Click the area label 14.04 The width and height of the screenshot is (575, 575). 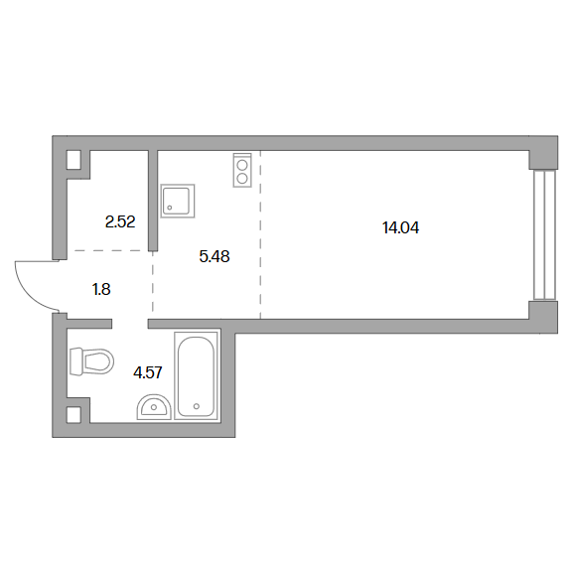point(400,227)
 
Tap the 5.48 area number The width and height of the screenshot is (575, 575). point(215,256)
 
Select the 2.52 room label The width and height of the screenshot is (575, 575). point(120,221)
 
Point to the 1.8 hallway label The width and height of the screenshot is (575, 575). point(101,290)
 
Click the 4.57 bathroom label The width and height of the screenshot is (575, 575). point(148,373)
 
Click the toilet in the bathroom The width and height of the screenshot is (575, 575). point(91,361)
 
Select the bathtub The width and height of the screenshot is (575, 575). point(197,375)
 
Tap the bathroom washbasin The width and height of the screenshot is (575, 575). point(154,407)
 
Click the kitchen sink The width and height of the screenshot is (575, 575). point(178,201)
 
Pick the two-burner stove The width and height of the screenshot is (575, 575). point(242,170)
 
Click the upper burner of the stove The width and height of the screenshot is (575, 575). point(242,166)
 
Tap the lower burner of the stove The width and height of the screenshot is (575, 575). point(242,179)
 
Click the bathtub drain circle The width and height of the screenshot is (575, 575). point(197,406)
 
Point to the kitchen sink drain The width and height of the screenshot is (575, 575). point(170,208)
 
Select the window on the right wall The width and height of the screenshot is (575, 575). point(545,235)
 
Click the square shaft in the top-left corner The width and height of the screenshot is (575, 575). point(73,160)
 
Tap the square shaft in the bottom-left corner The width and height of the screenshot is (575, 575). point(73,415)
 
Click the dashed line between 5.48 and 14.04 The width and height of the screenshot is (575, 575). point(261,234)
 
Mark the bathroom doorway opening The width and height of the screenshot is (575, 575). point(130,324)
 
